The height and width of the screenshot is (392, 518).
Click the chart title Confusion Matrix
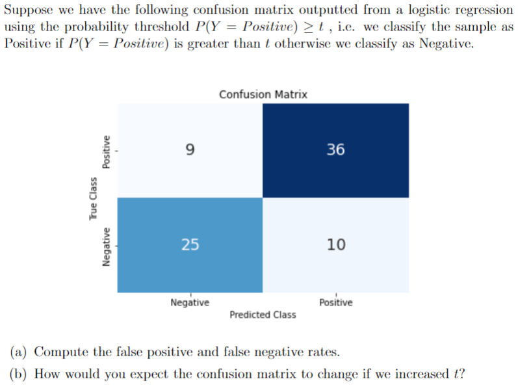263,94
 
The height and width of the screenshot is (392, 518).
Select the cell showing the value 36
336,150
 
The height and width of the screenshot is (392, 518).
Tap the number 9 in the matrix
190,150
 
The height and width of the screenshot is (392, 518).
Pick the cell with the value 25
190,244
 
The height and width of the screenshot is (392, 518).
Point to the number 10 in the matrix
336,244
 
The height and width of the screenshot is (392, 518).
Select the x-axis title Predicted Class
263,315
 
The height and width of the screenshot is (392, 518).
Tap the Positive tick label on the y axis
107,150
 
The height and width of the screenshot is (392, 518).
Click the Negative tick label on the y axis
107,244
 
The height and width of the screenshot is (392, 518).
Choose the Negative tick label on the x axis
190,303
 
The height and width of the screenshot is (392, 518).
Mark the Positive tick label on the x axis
336,303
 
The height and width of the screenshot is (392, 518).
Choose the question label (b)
19,374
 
